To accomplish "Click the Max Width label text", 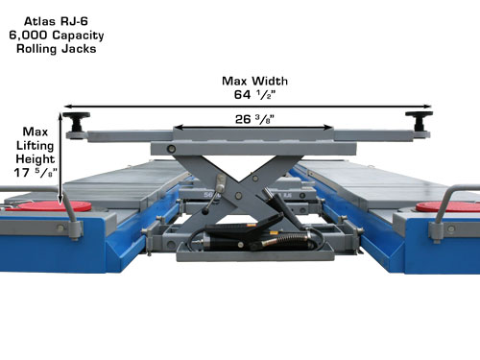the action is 254,81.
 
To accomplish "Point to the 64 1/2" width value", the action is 254,95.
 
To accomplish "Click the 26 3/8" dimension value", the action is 254,119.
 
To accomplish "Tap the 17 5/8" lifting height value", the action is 36,173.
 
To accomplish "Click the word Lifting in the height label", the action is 36,146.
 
